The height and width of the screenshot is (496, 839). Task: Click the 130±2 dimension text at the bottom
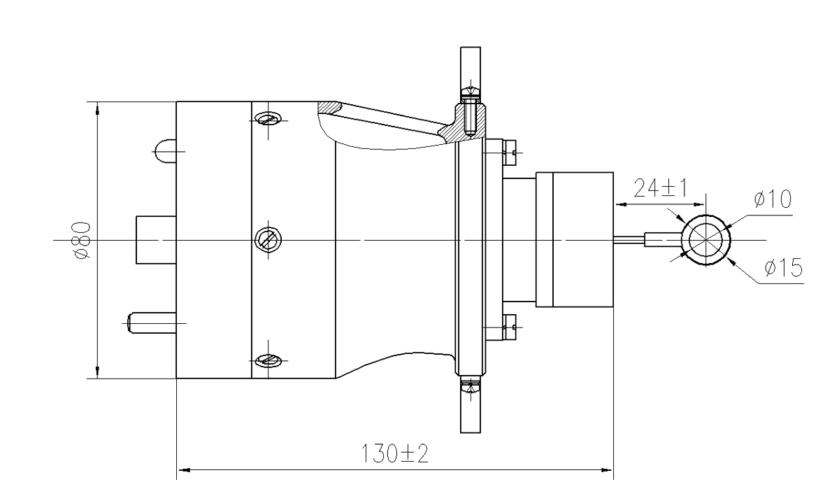pyautogui.click(x=395, y=455)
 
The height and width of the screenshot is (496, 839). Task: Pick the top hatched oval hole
pyautogui.click(x=268, y=120)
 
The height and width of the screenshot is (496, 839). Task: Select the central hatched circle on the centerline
pyautogui.click(x=268, y=241)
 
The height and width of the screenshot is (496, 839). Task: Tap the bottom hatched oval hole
pyautogui.click(x=268, y=361)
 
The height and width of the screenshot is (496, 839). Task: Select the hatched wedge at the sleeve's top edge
pyautogui.click(x=326, y=109)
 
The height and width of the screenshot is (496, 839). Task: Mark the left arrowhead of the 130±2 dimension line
pyautogui.click(x=183, y=465)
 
